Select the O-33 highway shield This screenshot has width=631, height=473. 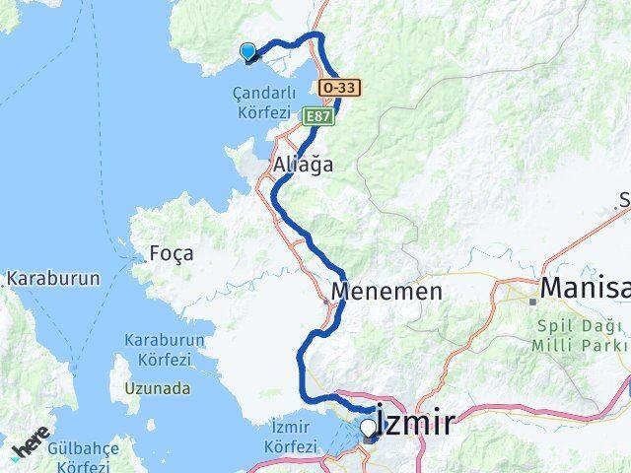click(x=340, y=88)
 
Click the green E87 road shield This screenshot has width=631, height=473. click(x=316, y=116)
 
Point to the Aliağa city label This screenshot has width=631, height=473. click(x=305, y=165)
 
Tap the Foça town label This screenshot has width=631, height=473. click(x=172, y=253)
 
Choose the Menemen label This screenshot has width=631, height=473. click(x=386, y=292)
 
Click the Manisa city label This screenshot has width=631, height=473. click(x=587, y=289)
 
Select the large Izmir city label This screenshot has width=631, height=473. click(x=417, y=424)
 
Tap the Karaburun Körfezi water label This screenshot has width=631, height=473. click(x=164, y=348)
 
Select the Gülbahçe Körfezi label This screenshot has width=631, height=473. click(x=83, y=456)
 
